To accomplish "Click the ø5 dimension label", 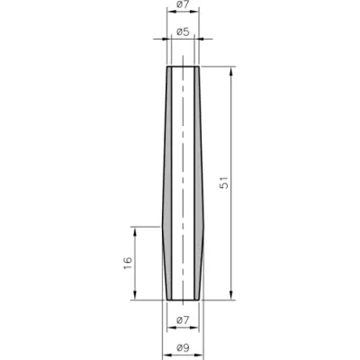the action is (x=183, y=31).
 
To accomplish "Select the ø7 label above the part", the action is (x=183, y=4).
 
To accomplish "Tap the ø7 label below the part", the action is (x=183, y=320).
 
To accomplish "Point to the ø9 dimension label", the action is (x=183, y=347).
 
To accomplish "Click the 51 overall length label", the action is (x=224, y=183).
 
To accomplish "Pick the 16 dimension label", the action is (x=128, y=263).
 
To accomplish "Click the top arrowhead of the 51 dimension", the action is (x=230, y=71).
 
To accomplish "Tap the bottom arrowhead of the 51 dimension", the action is (x=230, y=295).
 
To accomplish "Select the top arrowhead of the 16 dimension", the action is (x=135, y=231).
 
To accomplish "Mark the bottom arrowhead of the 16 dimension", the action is (x=135, y=295).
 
